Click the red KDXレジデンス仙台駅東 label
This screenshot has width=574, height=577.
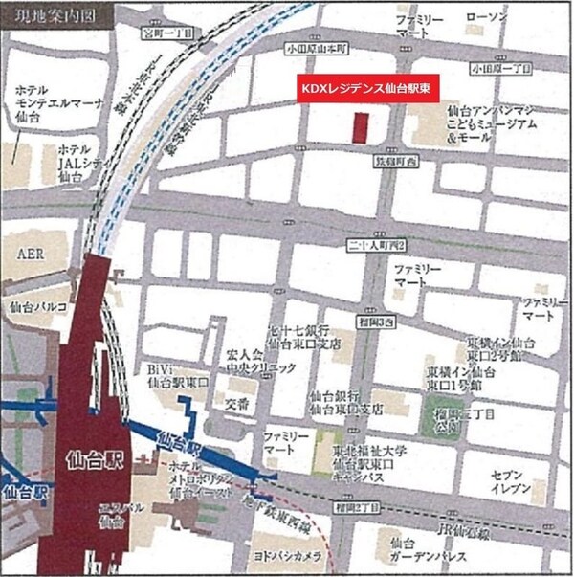(x=366, y=85)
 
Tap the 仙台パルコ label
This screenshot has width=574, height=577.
(x=37, y=307)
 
